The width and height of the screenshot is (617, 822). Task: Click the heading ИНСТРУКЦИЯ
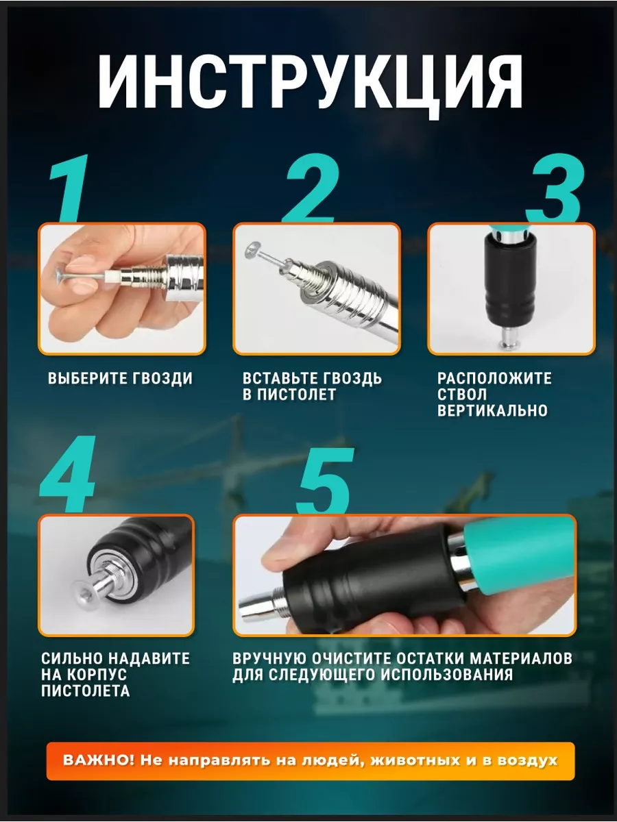(310, 87)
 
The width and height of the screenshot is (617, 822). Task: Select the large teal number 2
(310, 191)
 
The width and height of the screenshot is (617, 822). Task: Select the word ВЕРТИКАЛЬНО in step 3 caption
(493, 411)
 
